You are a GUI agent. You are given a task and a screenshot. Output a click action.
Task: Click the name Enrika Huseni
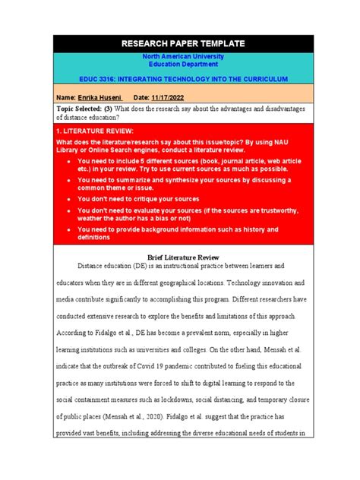[102, 98]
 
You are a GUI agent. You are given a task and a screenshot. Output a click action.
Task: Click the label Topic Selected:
[84, 110]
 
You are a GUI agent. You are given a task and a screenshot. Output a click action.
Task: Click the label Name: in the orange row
[67, 98]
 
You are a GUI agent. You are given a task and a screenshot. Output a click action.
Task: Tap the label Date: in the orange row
[143, 98]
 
